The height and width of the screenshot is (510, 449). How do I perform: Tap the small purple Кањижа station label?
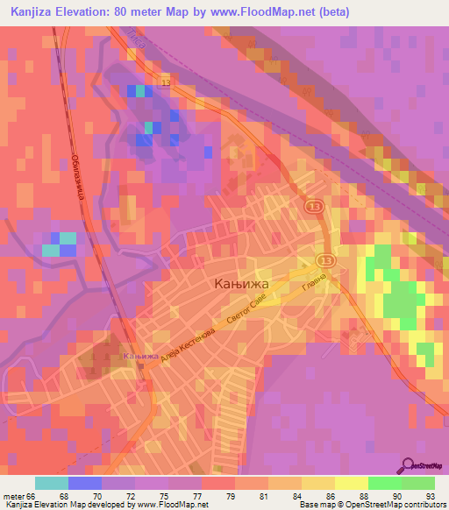point(141,357)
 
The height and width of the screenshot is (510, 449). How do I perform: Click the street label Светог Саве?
point(245,312)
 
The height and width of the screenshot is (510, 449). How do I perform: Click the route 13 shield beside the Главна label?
point(325,261)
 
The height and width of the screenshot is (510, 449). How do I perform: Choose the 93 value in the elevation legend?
point(429,495)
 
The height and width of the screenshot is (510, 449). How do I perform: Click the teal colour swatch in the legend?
point(51,483)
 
